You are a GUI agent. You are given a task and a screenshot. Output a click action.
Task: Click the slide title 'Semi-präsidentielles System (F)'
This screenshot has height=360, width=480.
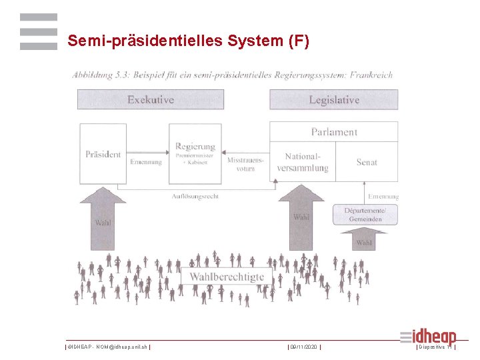(x=189, y=41)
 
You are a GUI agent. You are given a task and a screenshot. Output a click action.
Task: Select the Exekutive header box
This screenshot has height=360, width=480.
(x=151, y=100)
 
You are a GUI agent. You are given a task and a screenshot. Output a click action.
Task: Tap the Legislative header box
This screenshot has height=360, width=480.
(x=333, y=100)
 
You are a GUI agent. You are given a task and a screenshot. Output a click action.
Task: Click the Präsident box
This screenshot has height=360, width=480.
(x=103, y=154)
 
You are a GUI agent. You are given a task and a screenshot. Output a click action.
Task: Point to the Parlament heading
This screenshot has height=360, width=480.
(x=333, y=132)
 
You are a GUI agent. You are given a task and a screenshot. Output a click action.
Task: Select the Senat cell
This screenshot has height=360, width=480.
(x=367, y=162)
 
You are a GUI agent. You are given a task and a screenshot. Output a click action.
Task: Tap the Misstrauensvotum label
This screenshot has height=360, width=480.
(x=245, y=164)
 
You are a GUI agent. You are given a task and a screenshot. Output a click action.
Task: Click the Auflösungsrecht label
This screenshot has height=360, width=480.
(x=195, y=196)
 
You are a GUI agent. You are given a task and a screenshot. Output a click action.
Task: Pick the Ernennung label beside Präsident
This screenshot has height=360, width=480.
(x=145, y=162)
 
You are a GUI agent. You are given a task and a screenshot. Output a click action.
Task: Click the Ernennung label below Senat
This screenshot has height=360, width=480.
(x=383, y=197)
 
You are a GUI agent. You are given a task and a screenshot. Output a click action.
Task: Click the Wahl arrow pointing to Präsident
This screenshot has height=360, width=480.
(x=103, y=220)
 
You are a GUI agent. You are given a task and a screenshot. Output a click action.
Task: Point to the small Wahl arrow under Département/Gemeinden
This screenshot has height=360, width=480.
(x=363, y=239)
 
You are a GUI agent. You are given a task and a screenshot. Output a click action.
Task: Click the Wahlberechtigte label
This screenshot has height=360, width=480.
(x=227, y=277)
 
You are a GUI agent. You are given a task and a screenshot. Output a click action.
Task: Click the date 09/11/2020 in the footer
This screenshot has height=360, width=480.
(x=304, y=347)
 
